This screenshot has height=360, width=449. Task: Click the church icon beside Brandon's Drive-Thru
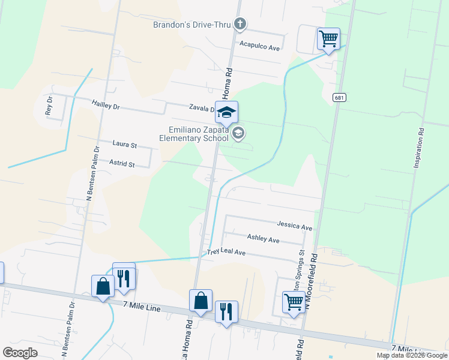[240, 24]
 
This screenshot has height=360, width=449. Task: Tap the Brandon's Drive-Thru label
[192, 25]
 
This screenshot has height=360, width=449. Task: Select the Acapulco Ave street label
[260, 46]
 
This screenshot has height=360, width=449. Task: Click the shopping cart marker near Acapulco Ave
[328, 39]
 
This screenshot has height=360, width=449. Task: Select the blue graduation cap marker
[227, 112]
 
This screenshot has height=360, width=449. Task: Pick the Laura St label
[125, 145]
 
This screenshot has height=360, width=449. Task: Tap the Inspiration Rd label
[418, 148]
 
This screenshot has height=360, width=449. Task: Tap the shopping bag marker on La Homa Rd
[200, 301]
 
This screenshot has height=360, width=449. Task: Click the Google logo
[20, 353]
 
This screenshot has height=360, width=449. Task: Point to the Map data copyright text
[412, 355]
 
